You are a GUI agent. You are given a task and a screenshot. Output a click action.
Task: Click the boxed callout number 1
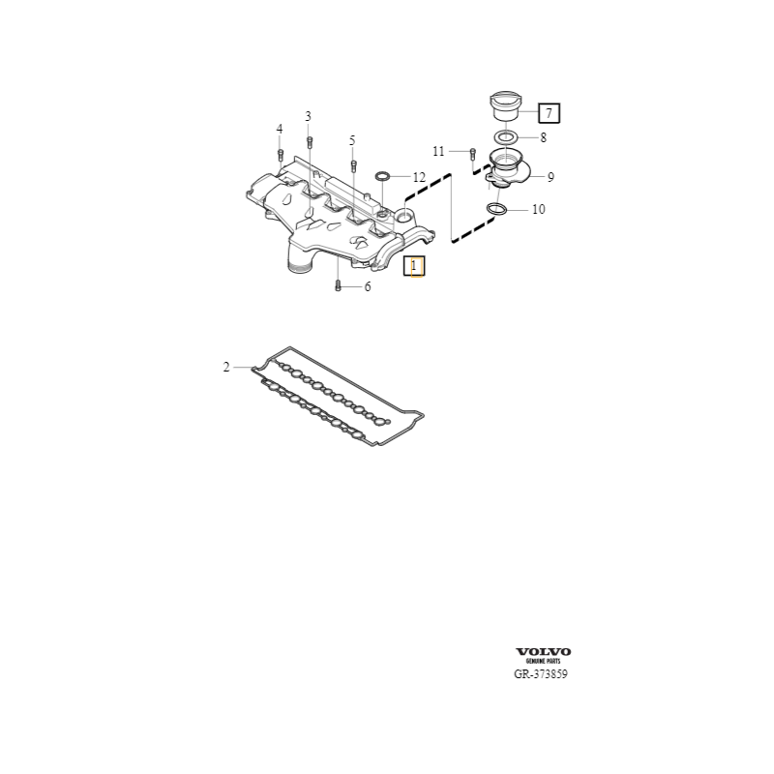tap(414, 266)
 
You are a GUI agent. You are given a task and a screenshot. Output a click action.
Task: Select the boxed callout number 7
tap(548, 113)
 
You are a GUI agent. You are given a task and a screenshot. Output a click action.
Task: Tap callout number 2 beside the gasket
tap(226, 367)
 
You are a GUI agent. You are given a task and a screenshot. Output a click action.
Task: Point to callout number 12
tap(418, 177)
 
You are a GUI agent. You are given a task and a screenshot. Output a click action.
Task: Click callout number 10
tap(538, 209)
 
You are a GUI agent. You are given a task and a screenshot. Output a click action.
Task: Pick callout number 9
tap(550, 177)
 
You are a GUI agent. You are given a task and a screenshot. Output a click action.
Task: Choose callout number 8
tap(543, 137)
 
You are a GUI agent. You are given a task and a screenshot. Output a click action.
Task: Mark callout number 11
tap(438, 151)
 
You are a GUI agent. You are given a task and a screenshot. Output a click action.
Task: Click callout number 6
tap(367, 287)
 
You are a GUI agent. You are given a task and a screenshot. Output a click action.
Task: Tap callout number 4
tap(280, 130)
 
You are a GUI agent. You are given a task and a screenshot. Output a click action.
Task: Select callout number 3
tap(309, 117)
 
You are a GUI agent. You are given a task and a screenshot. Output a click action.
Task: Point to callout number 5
tap(352, 140)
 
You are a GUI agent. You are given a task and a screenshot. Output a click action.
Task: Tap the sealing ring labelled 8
tap(505, 137)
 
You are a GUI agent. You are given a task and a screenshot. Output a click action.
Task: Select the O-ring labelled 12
tap(383, 177)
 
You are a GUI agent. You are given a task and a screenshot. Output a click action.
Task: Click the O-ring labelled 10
tap(496, 209)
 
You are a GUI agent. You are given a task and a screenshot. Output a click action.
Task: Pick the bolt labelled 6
tap(338, 286)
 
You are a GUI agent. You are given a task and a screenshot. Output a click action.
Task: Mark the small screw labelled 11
tap(472, 153)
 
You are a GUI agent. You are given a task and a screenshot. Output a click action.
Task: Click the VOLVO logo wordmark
tap(543, 651)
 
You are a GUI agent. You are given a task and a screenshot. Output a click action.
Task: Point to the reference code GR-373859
tap(541, 674)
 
